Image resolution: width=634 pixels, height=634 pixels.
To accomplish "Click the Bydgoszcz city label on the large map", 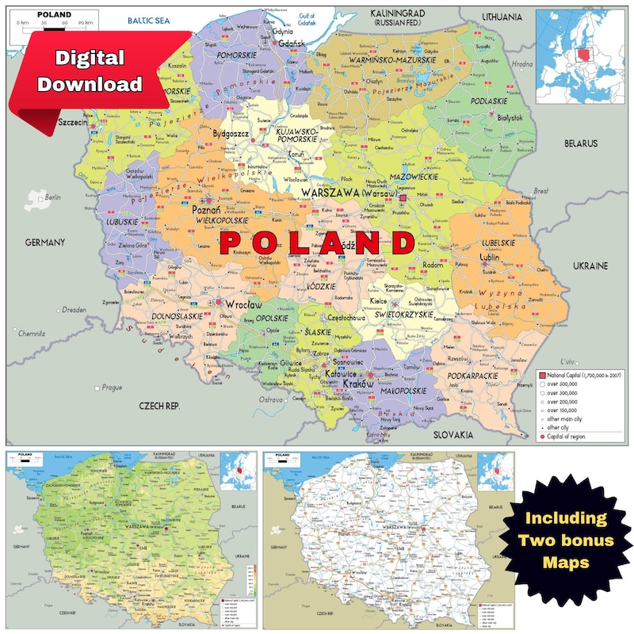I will [230, 135].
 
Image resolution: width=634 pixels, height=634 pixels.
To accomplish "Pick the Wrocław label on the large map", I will [243, 304].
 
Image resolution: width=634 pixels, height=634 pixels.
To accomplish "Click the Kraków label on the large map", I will [358, 384].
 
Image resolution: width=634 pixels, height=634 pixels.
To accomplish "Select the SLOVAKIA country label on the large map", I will [453, 434].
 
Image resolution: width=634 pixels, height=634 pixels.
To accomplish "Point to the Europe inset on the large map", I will [580, 49].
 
